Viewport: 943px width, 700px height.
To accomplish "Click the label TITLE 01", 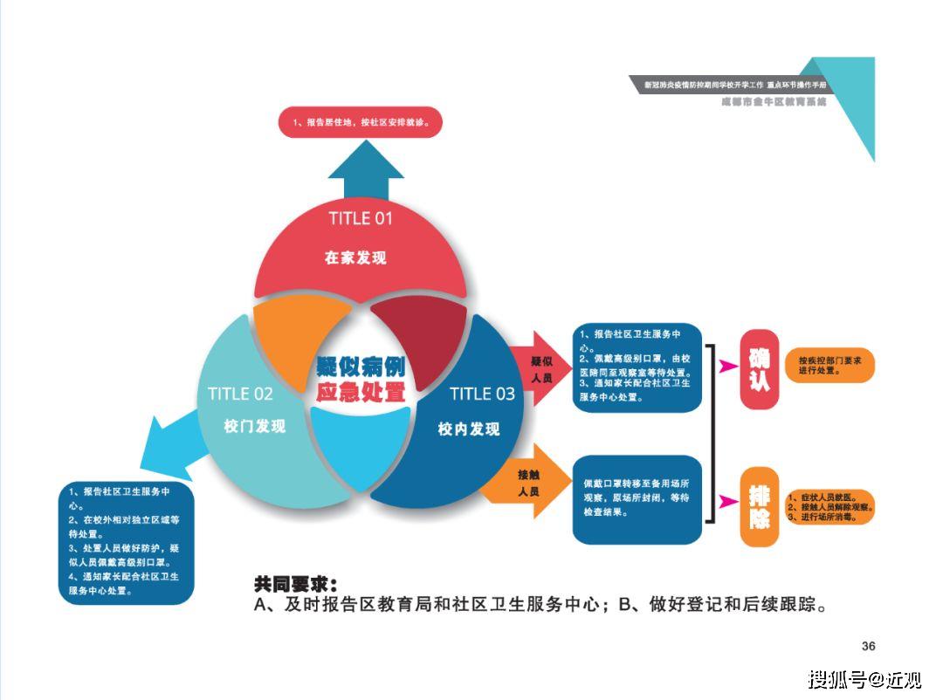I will (x=361, y=217).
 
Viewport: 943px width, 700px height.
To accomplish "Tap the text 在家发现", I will (x=355, y=257).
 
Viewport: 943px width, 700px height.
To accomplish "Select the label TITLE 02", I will (x=240, y=394).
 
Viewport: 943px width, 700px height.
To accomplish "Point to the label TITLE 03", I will (x=482, y=394).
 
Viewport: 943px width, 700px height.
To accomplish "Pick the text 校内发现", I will (x=469, y=429).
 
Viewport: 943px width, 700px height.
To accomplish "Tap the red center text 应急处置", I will (x=361, y=392).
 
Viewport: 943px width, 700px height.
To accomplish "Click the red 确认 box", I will (x=759, y=369).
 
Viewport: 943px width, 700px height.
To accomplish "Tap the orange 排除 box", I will (x=759, y=507).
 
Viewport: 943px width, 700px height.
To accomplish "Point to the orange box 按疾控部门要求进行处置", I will (x=829, y=365).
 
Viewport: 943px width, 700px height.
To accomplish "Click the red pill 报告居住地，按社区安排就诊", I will (x=360, y=122).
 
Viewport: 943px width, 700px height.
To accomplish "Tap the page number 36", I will (x=868, y=646).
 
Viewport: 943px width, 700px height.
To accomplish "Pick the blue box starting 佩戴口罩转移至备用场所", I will (x=637, y=499).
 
